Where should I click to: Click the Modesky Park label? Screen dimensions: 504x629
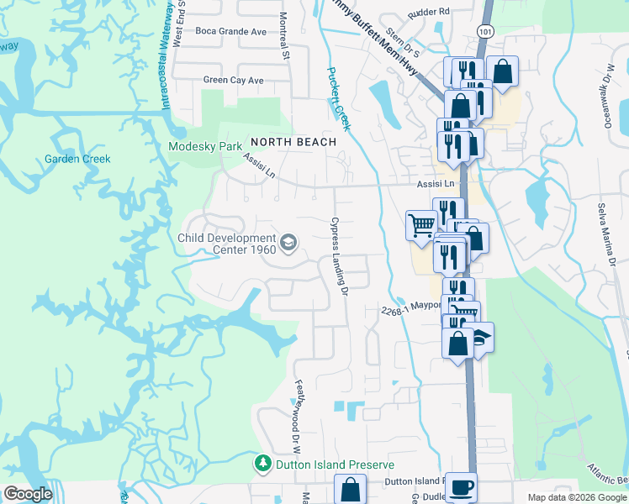tap(205, 146)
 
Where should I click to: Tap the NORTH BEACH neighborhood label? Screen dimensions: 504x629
tap(292, 142)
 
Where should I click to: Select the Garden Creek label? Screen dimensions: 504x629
tap(77, 159)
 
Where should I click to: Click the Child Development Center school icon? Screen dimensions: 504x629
tap(288, 243)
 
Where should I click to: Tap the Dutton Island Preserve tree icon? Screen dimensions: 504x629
tap(263, 464)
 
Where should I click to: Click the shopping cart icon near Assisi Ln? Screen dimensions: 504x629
tap(420, 224)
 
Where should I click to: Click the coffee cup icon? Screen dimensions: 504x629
tap(461, 486)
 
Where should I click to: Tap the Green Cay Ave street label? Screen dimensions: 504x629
tap(233, 81)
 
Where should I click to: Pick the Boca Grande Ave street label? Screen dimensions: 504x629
tap(230, 31)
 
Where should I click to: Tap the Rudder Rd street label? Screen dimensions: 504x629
tap(429, 13)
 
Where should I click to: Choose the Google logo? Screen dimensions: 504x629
tap(28, 494)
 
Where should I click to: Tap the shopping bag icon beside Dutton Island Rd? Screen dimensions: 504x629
tap(350, 489)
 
